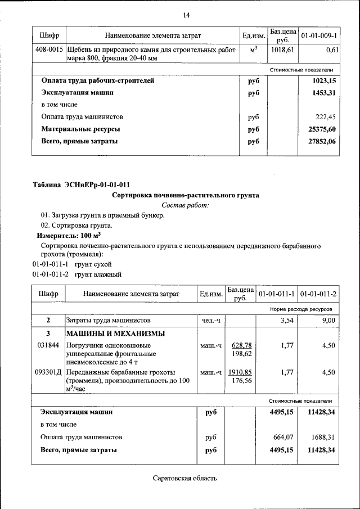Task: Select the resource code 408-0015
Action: pyautogui.click(x=48, y=50)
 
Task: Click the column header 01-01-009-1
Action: pyautogui.click(x=318, y=36)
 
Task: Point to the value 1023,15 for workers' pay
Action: pyautogui.click(x=324, y=80)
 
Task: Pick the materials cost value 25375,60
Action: pyautogui.click(x=322, y=129)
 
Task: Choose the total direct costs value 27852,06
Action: pyautogui.click(x=322, y=142)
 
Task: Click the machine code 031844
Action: pyautogui.click(x=47, y=345)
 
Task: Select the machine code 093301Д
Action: pyautogui.click(x=48, y=372)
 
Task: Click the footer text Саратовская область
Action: pyautogui.click(x=184, y=479)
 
